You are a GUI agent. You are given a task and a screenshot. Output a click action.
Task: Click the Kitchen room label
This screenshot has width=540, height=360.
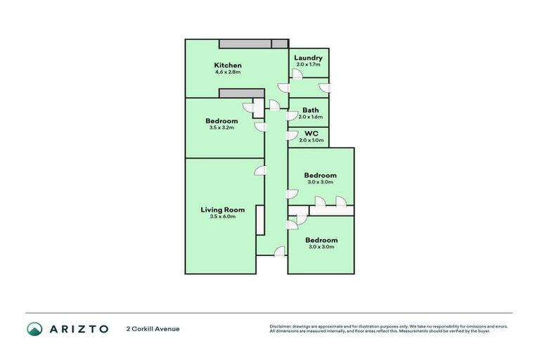tap(228, 65)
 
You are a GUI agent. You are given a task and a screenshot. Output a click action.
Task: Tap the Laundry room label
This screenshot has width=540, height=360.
tap(308, 58)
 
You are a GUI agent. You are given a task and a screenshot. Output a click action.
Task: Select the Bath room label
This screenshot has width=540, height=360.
tap(310, 110)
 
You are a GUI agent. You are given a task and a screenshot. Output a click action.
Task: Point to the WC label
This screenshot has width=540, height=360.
tap(311, 133)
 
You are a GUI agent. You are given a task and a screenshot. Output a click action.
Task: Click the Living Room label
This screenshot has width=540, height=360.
tap(222, 210)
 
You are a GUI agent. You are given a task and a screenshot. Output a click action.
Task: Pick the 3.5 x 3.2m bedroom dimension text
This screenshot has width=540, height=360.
tap(221, 128)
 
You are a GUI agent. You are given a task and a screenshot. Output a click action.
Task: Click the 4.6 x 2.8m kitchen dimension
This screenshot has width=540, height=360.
tap(228, 72)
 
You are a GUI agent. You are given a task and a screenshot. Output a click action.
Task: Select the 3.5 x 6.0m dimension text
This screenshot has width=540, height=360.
tap(222, 217)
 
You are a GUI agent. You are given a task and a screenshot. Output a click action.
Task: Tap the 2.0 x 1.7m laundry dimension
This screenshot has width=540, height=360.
tap(308, 65)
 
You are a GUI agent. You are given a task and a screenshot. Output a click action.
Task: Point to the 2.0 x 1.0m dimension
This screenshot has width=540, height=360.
tap(311, 140)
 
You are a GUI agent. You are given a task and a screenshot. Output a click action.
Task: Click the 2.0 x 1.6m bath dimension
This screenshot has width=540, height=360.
tap(310, 117)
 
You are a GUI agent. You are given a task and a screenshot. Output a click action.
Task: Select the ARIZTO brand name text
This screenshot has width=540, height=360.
tap(78, 328)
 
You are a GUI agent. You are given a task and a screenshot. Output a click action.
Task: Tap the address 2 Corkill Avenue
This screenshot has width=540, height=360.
tap(153, 328)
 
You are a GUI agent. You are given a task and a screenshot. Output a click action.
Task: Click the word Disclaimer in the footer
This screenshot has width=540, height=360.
tap(281, 326)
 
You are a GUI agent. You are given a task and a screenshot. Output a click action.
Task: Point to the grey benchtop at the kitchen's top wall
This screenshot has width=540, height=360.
tap(253, 44)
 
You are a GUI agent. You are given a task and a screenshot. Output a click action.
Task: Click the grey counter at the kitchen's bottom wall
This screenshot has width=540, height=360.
tap(241, 93)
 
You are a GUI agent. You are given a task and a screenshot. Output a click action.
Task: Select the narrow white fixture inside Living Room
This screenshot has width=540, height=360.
tap(259, 220)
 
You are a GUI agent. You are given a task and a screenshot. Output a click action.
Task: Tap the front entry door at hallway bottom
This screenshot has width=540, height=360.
tap(279, 252)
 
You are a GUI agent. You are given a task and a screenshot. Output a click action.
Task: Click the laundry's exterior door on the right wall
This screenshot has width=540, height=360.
tap(324, 87)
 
